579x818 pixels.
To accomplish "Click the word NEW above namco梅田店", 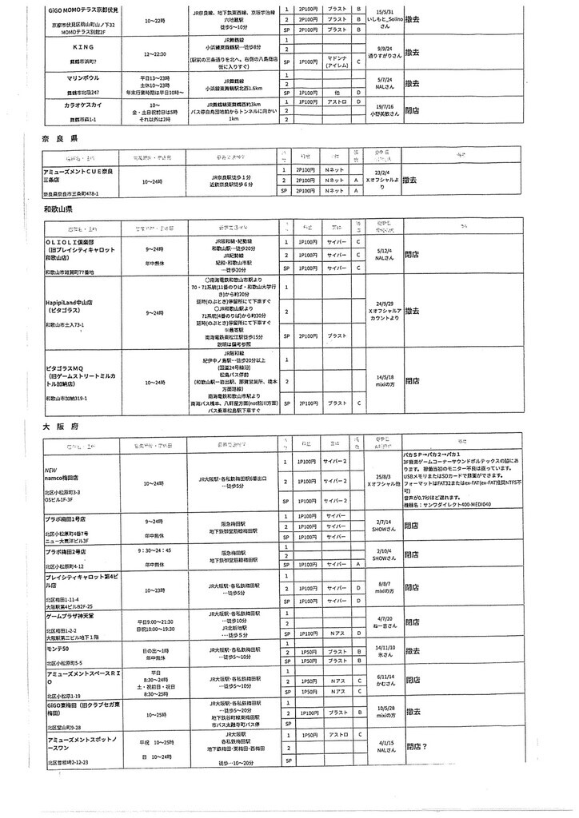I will (x=52, y=471).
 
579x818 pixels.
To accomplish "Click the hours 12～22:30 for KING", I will (x=156, y=54).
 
